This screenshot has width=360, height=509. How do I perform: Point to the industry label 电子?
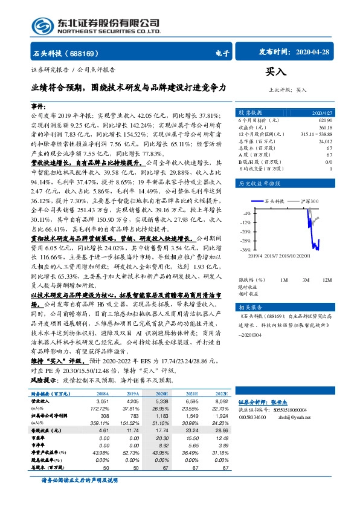(x=222, y=53)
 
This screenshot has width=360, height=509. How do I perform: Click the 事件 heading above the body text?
(x=39, y=105)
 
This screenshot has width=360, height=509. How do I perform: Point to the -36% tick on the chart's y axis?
(x=245, y=250)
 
